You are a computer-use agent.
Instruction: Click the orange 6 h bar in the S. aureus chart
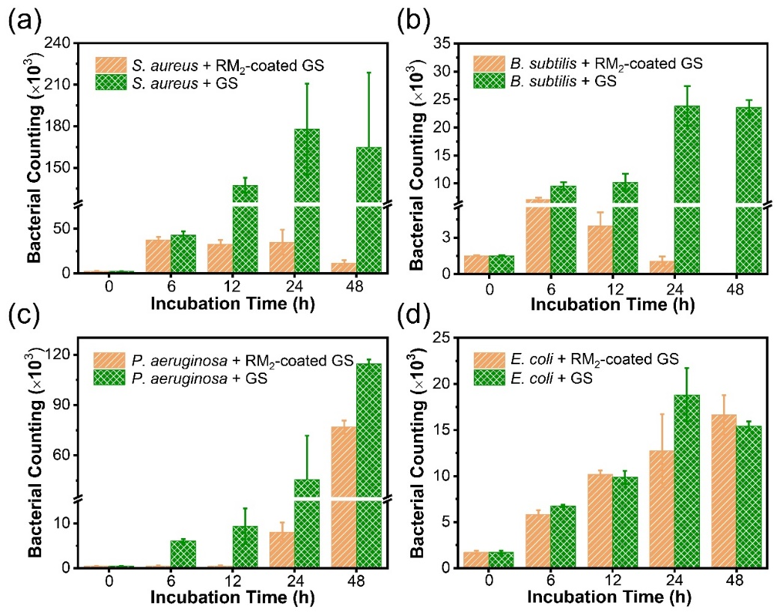point(158,256)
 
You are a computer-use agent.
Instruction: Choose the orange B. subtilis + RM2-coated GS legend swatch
point(489,63)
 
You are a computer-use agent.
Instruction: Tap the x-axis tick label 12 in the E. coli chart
point(612,579)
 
